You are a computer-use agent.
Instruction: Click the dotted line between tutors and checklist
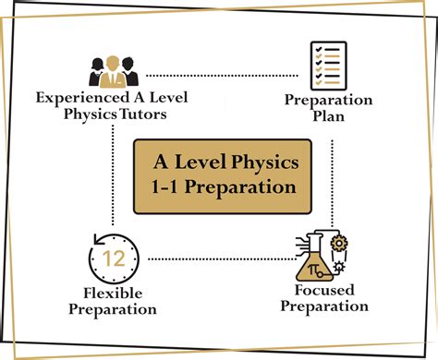[223, 74]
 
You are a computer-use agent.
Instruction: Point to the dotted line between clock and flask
[217, 258]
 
